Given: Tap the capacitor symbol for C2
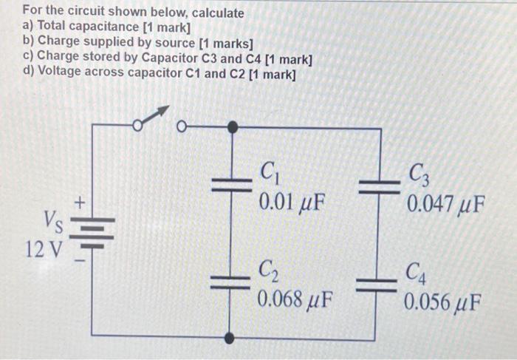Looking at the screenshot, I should [232, 279].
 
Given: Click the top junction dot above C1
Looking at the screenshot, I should [232, 127].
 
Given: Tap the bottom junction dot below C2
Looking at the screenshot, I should [232, 338].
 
